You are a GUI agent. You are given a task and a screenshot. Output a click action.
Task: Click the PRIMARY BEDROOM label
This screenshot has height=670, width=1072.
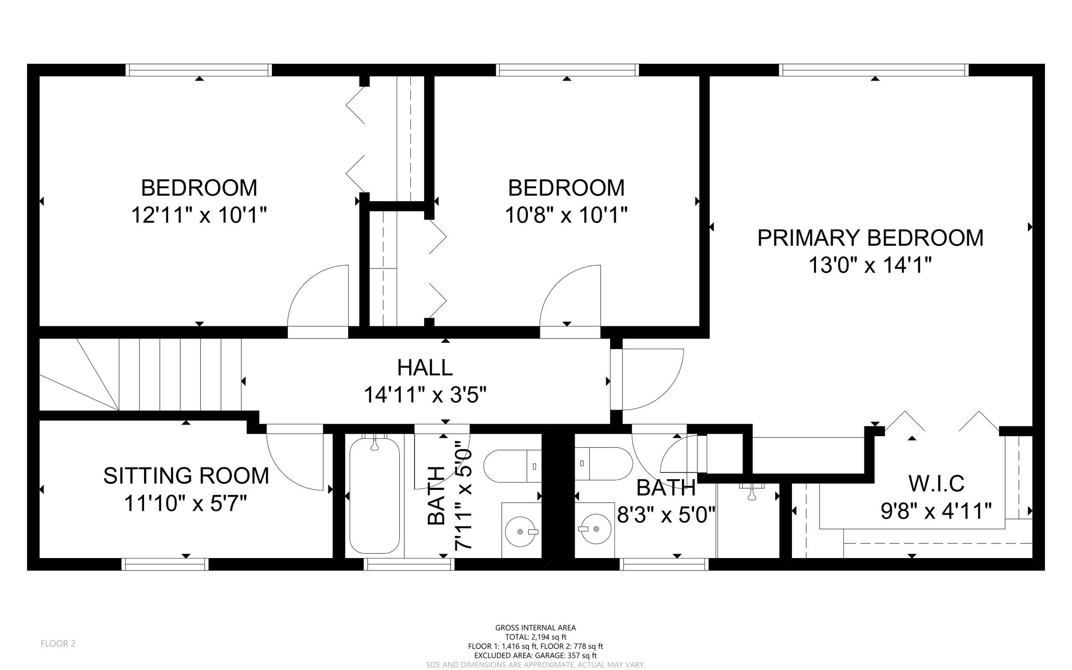[x=870, y=238]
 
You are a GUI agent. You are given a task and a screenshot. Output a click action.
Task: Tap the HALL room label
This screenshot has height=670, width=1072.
[x=425, y=367]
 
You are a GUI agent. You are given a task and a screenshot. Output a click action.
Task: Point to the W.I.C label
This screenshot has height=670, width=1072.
[x=936, y=483]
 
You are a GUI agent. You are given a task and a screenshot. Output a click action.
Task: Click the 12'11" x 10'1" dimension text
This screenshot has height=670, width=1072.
[x=199, y=215]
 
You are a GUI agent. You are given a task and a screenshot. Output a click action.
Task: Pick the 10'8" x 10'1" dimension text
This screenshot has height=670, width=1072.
[x=566, y=215]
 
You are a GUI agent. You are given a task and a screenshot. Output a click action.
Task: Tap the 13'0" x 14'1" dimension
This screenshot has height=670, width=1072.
[x=870, y=266]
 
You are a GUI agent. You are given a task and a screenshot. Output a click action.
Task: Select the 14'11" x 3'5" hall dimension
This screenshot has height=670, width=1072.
[x=425, y=394]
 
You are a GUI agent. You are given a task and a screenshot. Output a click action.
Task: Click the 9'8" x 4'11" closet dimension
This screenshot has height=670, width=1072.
[x=936, y=511]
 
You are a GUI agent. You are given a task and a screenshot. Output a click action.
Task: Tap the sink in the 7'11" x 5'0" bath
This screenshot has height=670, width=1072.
[x=522, y=531]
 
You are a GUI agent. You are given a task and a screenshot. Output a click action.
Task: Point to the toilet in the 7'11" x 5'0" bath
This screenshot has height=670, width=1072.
[x=512, y=466]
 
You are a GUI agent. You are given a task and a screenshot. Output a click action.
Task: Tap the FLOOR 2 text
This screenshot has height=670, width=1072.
[x=58, y=643]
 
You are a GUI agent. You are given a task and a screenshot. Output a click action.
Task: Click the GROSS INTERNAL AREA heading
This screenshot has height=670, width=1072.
[x=536, y=628]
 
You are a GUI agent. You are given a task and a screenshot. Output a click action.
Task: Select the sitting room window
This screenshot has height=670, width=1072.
[x=165, y=564]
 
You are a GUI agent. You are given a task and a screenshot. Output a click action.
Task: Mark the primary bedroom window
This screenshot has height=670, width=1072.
[x=873, y=70]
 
